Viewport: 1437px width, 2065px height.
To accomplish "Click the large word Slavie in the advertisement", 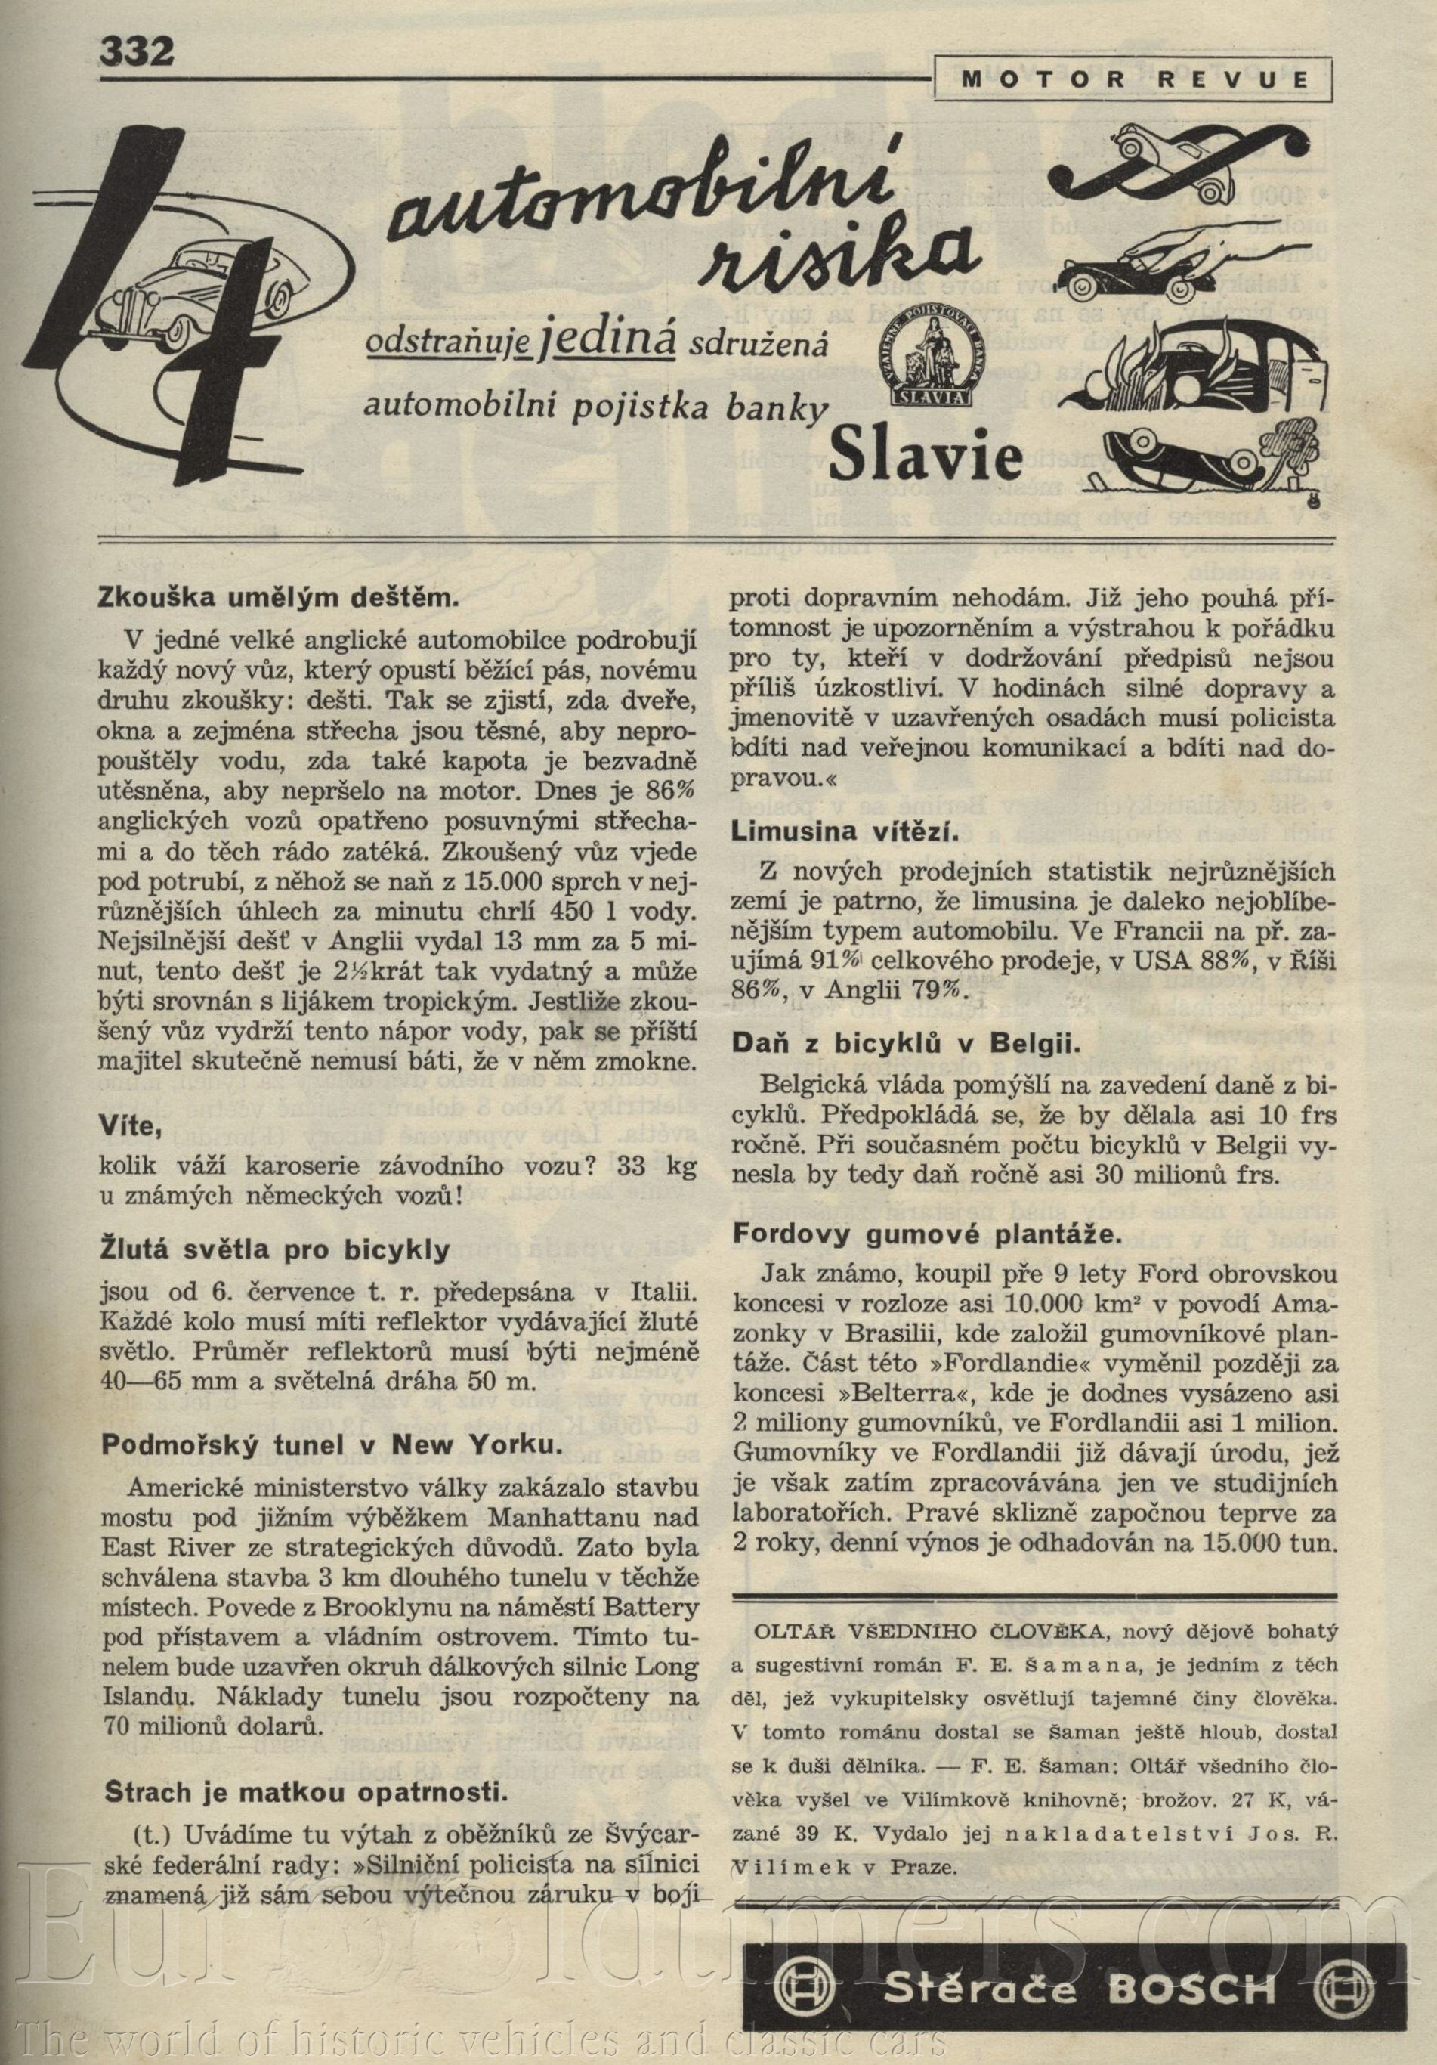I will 926,455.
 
